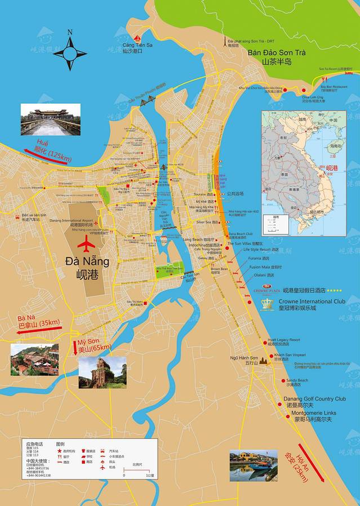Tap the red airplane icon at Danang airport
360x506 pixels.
[87, 245]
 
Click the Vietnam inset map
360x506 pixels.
[304, 173]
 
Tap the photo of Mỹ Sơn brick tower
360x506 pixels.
[103, 372]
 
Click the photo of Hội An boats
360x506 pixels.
[254, 465]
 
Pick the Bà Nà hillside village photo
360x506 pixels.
[34, 359]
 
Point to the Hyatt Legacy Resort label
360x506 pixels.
[284, 340]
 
